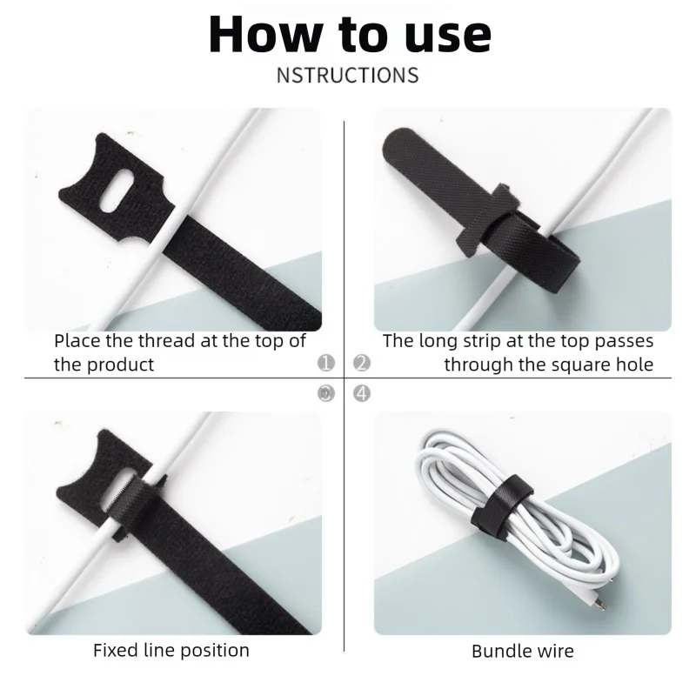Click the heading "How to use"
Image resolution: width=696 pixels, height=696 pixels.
click(350, 35)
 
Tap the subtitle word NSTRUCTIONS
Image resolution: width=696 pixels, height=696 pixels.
click(347, 75)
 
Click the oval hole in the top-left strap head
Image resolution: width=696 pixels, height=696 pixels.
click(117, 190)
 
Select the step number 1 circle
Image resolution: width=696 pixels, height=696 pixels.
click(326, 363)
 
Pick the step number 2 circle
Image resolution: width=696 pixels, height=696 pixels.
click(362, 363)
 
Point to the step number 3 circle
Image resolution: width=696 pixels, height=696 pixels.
click(326, 393)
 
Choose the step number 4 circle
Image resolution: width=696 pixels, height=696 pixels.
click(362, 393)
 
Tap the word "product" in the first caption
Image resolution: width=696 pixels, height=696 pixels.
click(120, 365)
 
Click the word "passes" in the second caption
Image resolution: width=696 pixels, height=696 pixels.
click(624, 342)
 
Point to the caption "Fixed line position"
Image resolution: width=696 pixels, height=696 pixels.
click(171, 650)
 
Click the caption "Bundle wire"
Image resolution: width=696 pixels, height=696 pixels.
click(523, 651)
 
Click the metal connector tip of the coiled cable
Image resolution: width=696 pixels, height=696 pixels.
click(599, 605)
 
